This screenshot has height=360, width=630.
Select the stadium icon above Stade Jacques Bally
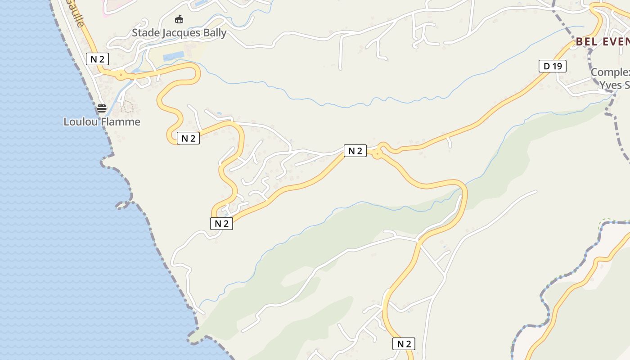tap(179, 19)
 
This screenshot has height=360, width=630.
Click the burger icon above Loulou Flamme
tap(102, 108)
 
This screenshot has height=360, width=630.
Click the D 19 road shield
tap(552, 66)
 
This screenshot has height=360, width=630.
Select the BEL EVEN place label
tap(603, 42)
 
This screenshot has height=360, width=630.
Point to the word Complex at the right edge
tap(610, 72)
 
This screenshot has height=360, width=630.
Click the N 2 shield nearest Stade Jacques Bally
tap(97, 58)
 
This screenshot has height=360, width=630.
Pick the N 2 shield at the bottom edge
tap(404, 344)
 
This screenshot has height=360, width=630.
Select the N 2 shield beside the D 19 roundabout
tap(355, 151)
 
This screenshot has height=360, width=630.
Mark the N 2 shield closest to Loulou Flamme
tap(188, 138)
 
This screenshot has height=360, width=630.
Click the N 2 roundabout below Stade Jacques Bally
tap(120, 75)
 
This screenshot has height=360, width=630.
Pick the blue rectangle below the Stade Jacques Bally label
tap(174, 56)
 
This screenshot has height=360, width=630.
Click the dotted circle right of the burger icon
tap(127, 107)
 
